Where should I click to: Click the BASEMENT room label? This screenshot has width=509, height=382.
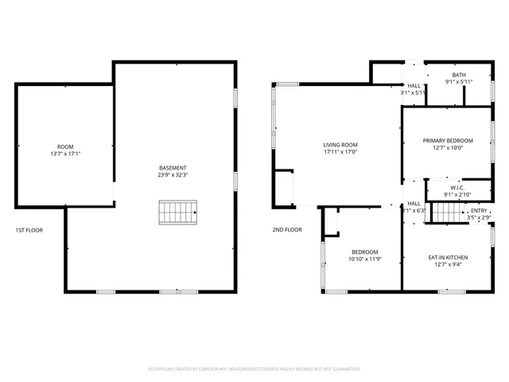(x=173, y=168)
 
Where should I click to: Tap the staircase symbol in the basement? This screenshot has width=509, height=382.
(x=178, y=212)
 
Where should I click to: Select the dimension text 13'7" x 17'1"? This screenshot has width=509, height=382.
(x=65, y=154)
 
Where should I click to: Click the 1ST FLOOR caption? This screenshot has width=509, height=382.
(x=29, y=230)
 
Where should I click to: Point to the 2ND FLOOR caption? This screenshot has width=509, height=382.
(x=288, y=230)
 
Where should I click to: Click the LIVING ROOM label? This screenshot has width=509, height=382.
(x=340, y=145)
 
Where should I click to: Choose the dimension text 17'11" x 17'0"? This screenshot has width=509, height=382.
(x=340, y=152)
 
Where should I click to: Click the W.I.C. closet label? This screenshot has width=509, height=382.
(x=457, y=188)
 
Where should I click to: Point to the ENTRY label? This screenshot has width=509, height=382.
(x=479, y=210)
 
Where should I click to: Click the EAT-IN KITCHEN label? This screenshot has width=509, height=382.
(x=448, y=258)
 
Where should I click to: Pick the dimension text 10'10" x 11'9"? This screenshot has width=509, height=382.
(x=366, y=259)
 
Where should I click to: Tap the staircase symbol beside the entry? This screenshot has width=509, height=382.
(x=447, y=213)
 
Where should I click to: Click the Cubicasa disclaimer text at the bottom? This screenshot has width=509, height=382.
(x=254, y=369)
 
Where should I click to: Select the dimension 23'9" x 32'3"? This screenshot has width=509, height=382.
(x=173, y=175)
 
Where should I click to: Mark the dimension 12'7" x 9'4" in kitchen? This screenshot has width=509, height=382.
(x=448, y=265)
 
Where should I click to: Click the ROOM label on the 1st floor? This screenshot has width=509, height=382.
(x=65, y=146)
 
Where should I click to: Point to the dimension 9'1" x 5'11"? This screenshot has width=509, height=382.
(x=458, y=81)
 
